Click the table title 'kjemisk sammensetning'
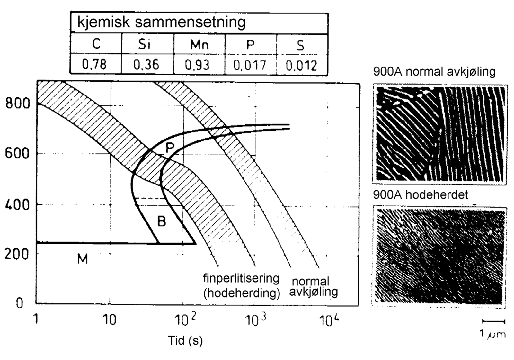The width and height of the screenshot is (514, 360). click(161, 22)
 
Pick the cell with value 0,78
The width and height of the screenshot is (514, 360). click(94, 65)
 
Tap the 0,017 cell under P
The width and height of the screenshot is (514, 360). click(250, 65)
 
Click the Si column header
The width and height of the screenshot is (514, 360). click(145, 44)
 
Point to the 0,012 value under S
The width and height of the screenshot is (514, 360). click(301, 65)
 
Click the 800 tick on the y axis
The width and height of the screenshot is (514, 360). click(18, 104)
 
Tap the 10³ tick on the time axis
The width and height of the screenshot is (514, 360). click(255, 320)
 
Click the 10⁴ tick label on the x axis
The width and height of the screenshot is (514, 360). click(328, 320)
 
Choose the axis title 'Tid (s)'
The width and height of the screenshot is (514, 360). click(185, 340)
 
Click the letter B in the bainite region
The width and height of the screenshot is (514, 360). click(162, 221)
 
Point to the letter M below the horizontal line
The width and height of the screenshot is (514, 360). click(83, 258)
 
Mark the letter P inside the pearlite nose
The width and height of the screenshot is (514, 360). click(170, 148)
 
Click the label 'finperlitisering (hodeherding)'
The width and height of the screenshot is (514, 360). click(241, 285)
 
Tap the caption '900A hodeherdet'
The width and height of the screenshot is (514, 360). click(421, 194)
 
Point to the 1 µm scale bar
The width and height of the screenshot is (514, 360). click(493, 321)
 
